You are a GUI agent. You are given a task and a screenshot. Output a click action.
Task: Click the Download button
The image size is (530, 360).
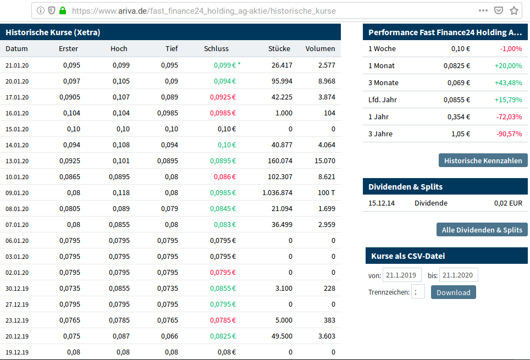coord(453,292)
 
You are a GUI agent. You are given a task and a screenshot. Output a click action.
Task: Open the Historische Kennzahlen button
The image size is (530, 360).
coord(483,160)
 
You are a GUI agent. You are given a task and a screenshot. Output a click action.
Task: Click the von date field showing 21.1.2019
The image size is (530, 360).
coord(402,275)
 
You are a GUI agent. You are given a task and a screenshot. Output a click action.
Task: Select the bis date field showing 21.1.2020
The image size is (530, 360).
coord(459,275)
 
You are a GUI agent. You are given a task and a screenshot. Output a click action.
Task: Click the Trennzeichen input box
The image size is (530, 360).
coord(418,292)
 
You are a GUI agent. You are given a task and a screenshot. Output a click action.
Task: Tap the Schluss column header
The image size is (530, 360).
coord(216,48)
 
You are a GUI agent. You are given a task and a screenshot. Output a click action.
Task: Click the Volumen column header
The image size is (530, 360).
coord(320,48)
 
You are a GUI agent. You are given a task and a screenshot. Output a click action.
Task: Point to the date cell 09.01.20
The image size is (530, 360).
coord(17,193)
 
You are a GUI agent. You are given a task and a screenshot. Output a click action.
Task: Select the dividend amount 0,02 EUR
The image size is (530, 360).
coord(508,203)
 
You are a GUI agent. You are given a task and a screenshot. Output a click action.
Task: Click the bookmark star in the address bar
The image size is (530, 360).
coord(514,10)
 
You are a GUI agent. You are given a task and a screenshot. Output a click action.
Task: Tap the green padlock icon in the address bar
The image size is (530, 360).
coord(62,10)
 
